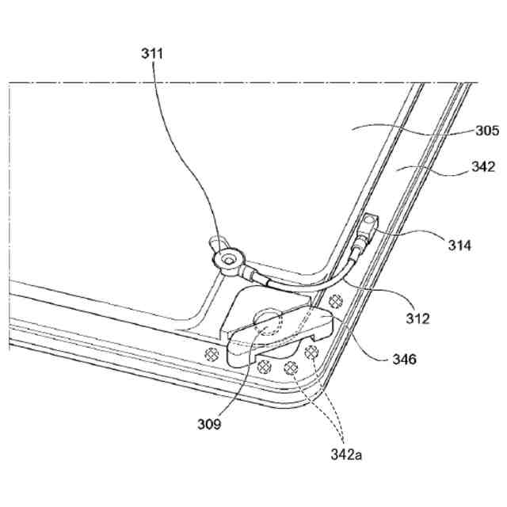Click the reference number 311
click(151, 55)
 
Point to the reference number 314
click(457, 246)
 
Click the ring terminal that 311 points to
click(230, 257)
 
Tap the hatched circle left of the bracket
click(212, 353)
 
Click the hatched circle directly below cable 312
click(336, 300)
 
